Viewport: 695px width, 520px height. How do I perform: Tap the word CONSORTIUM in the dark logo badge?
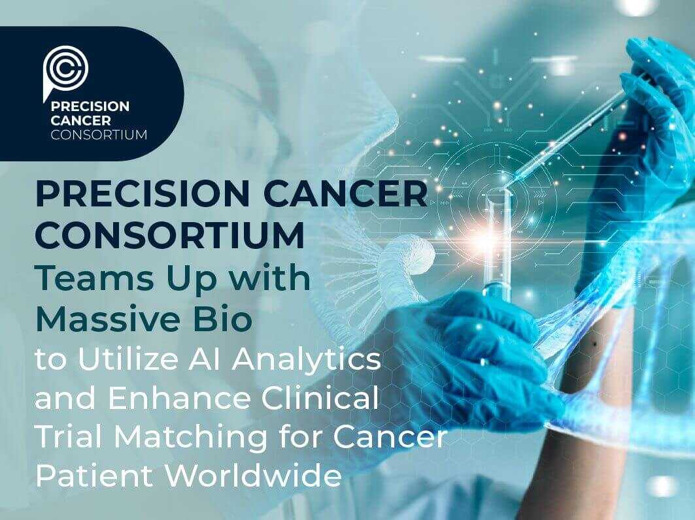98,135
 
